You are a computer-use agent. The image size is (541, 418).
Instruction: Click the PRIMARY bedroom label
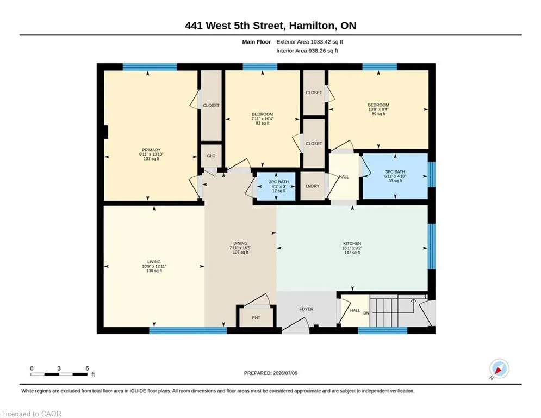point(151,150)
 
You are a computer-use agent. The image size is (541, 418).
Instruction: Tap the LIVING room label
point(154,262)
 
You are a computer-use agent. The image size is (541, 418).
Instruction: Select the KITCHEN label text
point(352,243)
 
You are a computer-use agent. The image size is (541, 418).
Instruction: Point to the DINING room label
point(240,243)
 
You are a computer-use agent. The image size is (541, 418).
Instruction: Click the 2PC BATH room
point(276,186)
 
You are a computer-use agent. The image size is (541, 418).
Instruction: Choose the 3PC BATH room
point(395,176)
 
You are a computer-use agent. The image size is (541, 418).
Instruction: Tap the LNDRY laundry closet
point(312,186)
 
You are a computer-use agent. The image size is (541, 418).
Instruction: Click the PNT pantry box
point(256,317)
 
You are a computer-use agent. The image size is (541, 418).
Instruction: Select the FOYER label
point(306,309)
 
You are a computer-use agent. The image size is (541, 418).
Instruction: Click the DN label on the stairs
point(366,313)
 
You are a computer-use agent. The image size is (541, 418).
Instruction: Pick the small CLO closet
point(211,156)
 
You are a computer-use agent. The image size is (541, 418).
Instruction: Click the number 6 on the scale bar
point(88,368)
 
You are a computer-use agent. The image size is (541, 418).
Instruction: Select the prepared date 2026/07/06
point(285,373)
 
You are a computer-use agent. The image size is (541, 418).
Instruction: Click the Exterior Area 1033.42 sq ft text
point(309,42)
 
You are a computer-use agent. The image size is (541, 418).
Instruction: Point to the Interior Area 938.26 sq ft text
point(307,51)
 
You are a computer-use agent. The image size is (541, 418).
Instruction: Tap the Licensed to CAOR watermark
point(32,414)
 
